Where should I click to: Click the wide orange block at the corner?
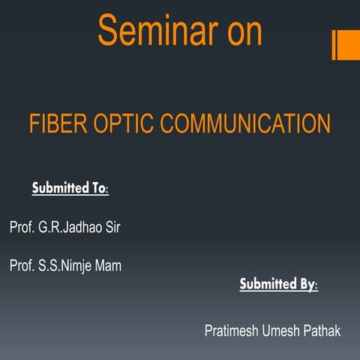coord(349,45)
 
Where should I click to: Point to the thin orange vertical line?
coord(334,45)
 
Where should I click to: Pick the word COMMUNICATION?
coord(248,124)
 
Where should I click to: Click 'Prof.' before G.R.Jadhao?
coord(22,227)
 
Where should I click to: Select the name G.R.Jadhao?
coord(70,227)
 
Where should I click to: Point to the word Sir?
coord(111,227)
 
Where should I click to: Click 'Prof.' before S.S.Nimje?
coord(22,265)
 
